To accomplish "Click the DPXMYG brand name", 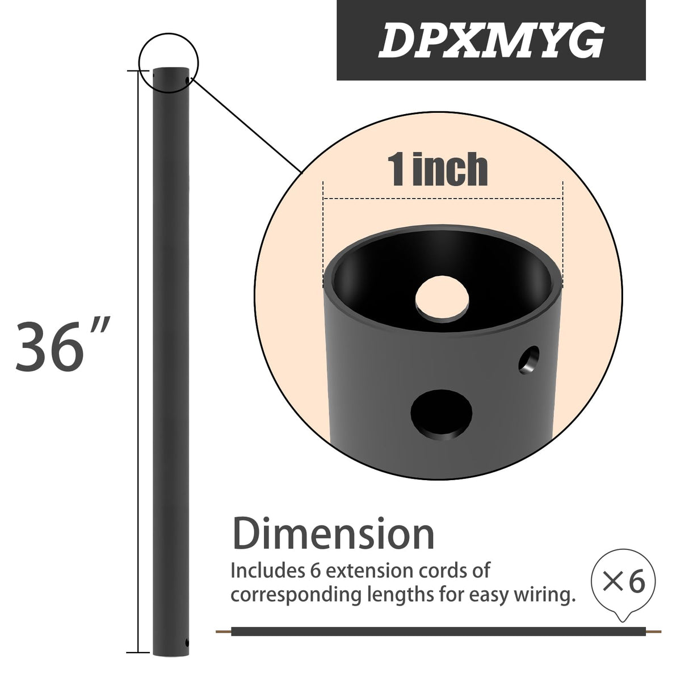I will click(490, 41).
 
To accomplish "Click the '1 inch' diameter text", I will click(438, 169).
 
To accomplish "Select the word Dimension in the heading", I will click(334, 534).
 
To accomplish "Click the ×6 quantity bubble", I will click(623, 583).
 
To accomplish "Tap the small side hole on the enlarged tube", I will click(530, 359).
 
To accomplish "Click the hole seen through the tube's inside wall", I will click(443, 296).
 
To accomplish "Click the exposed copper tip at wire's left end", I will click(224, 631).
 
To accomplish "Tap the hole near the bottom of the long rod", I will click(187, 644).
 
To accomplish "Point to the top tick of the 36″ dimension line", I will click(136, 71).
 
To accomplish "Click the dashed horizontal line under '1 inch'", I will click(443, 199).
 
